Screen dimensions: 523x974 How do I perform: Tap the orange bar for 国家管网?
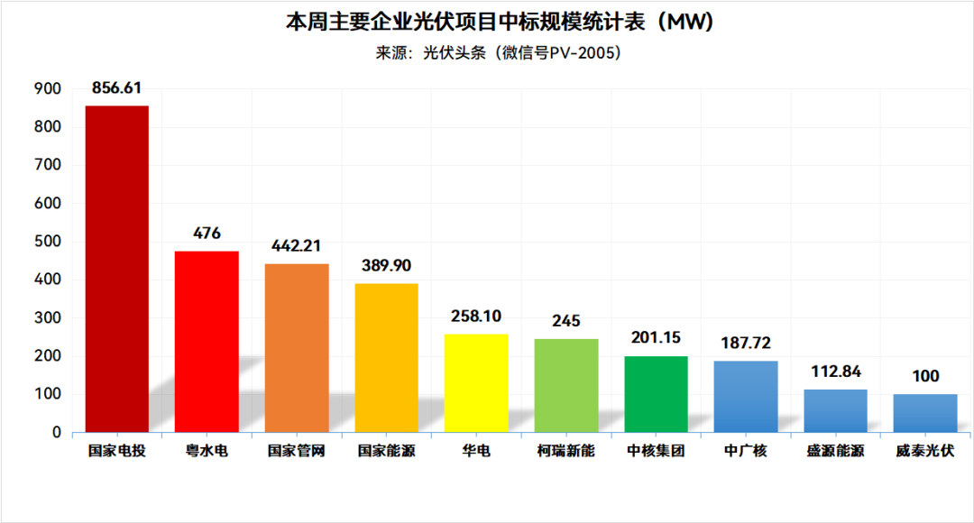point(297,347)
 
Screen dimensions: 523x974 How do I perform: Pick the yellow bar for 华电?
point(476,383)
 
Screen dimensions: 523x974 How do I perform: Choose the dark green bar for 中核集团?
point(657,394)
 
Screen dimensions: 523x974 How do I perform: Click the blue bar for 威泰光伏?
point(925,413)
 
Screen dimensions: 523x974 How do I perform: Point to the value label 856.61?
point(116,87)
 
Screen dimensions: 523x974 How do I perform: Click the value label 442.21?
point(296,245)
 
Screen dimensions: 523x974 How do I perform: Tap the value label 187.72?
point(746,343)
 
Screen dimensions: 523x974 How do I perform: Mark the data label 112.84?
point(835,372)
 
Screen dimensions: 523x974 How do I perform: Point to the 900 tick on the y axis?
point(48,88)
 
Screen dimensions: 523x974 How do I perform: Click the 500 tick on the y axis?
point(48,242)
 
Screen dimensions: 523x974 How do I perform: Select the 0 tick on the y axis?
point(56,433)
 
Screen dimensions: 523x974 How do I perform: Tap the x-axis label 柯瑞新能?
point(566,451)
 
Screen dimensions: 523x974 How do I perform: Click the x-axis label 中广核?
point(746,451)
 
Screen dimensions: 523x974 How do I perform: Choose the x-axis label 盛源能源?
point(835,451)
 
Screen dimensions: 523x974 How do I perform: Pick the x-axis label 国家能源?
point(386,451)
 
